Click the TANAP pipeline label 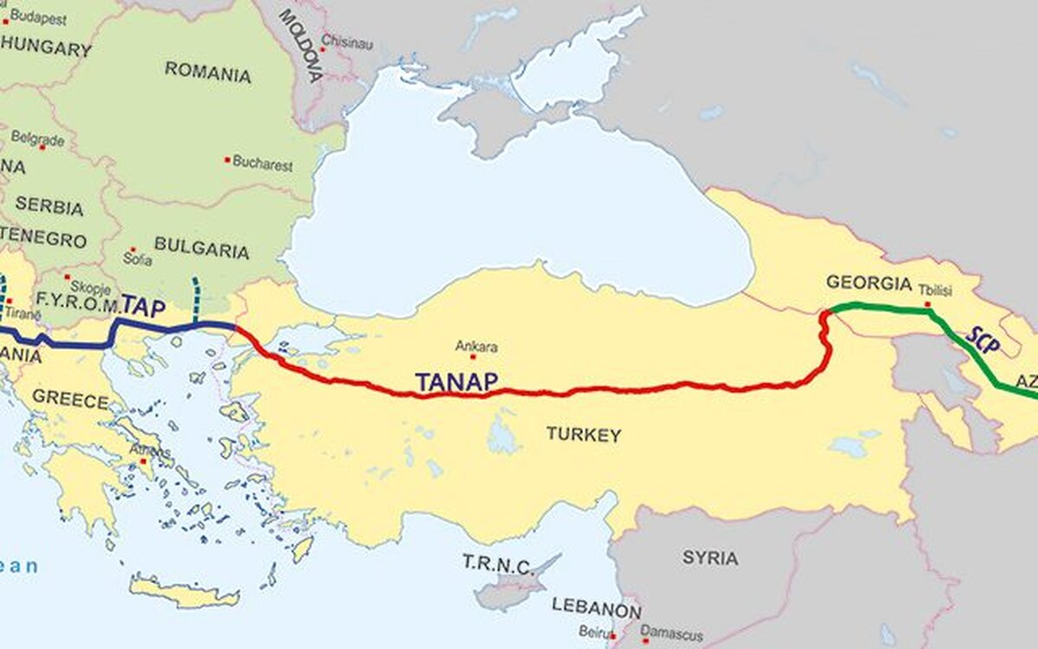coord(456,382)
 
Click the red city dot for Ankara coord(472,357)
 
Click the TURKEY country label coord(583,434)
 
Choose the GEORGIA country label coord(868,283)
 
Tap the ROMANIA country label coord(208,72)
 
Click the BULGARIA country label coord(202,251)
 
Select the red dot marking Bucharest coord(227,160)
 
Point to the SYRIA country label coord(710,557)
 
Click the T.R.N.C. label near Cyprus coord(497,565)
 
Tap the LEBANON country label coord(596,607)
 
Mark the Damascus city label coord(673,634)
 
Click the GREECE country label coord(70,401)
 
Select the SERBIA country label coord(49,207)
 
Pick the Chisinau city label coord(347,40)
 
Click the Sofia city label coord(138,260)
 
